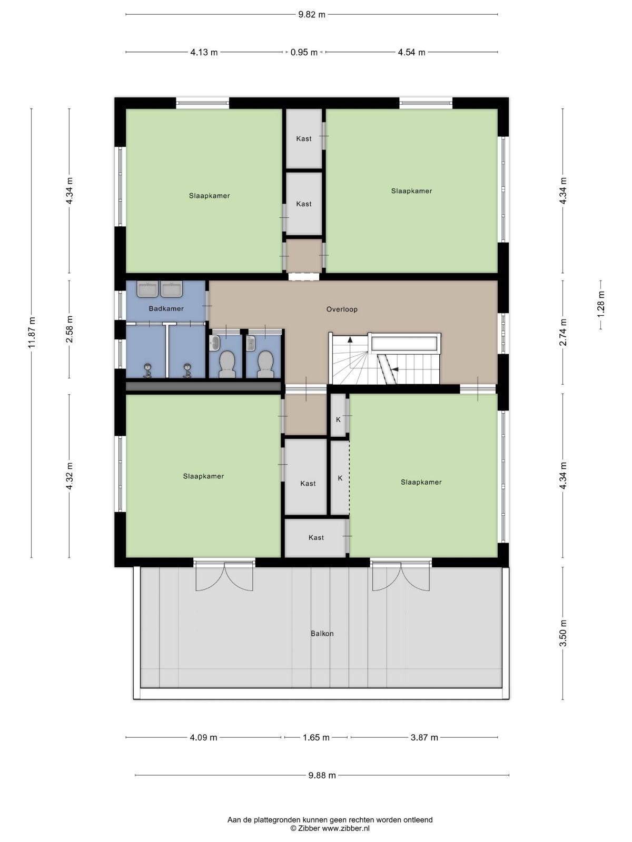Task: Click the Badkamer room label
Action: tap(166, 308)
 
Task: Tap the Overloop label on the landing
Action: tap(342, 309)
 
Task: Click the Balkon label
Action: tap(322, 633)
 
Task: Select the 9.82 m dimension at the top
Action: tap(312, 15)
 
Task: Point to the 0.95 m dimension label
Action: tap(304, 52)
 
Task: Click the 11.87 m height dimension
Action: tap(32, 333)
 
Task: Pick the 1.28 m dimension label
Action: tap(600, 304)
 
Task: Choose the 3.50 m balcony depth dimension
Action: tap(562, 633)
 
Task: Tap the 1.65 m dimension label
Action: tap(316, 737)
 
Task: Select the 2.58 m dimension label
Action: tap(70, 329)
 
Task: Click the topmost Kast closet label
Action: tap(303, 138)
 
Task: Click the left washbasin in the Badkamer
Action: tap(147, 289)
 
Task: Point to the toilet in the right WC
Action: tap(265, 364)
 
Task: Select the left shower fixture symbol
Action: tap(148, 370)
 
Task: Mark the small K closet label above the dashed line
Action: tap(338, 419)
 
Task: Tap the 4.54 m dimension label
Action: tap(411, 52)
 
